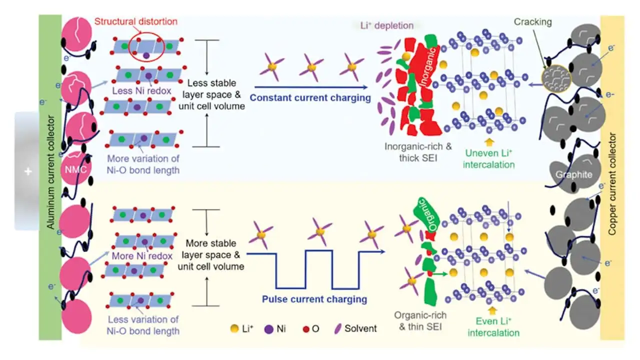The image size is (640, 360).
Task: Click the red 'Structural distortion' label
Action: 136,21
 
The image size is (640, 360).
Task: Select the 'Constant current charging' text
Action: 310,97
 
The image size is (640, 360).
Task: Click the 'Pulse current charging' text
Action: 314,299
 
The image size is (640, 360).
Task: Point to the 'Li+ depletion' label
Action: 387,25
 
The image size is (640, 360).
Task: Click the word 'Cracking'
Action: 533,21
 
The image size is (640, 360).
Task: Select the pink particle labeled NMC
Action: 76,169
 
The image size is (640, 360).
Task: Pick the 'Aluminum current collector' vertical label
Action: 50,172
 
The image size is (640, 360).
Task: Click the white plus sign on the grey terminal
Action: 28,171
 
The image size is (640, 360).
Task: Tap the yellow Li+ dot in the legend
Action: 234,328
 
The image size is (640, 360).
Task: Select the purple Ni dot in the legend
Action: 269,329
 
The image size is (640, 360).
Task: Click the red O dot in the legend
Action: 306,329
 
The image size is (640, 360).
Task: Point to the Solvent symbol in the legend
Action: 338,329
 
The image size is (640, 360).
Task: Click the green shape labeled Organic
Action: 426,213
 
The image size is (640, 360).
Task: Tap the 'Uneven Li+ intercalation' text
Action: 489,159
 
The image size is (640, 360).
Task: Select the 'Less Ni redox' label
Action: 141,91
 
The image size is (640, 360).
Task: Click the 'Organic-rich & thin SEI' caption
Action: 420,321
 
